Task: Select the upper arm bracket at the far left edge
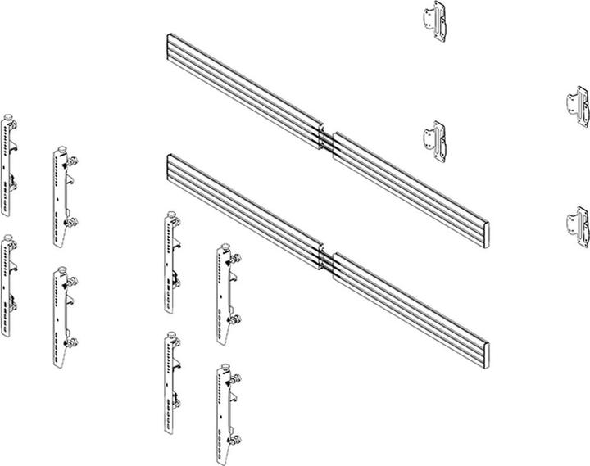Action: (9, 163)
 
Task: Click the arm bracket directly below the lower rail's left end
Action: (171, 262)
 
